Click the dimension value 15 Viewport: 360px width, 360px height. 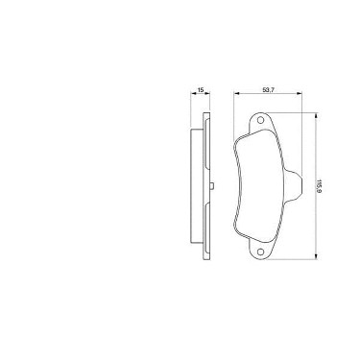coord(201,90)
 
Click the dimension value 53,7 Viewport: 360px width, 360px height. coord(268,90)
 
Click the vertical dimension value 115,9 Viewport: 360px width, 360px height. coord(319,186)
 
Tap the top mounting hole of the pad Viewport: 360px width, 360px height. coord(260,120)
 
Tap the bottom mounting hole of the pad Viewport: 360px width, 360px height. coord(260,252)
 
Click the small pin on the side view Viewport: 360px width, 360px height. coord(213,186)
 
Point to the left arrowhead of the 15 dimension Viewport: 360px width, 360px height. coord(193,93)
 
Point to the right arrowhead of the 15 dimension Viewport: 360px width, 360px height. coord(208,93)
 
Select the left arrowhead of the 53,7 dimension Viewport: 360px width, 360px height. coord(236,93)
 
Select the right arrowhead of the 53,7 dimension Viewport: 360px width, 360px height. coord(300,93)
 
